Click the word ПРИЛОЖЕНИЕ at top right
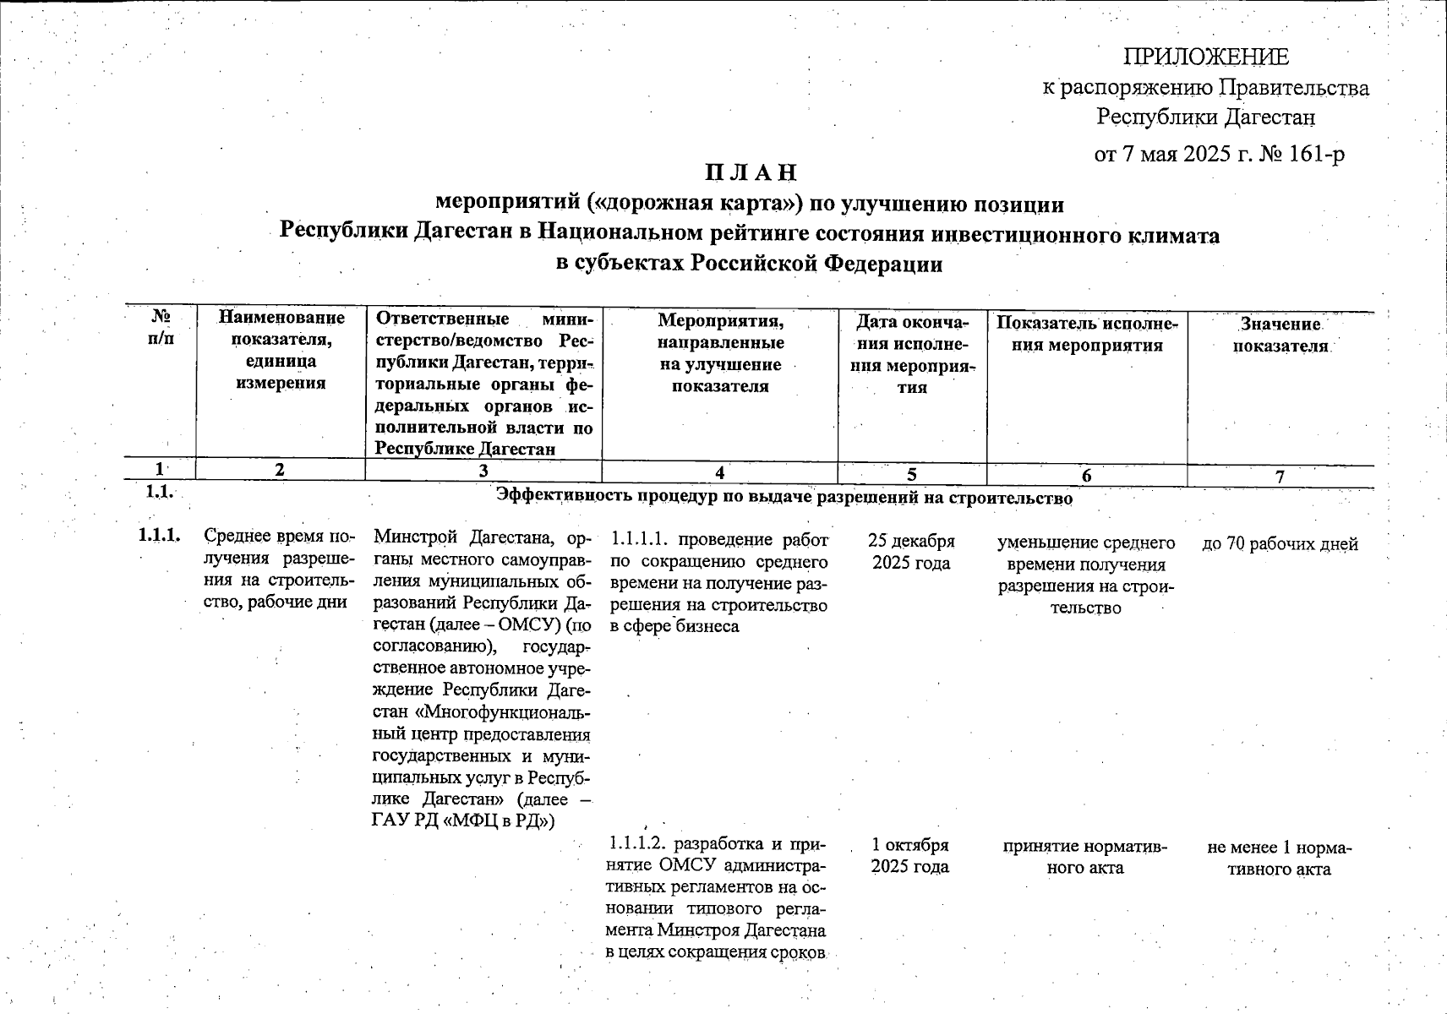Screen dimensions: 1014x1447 [x=1205, y=57]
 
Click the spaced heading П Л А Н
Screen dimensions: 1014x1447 [x=751, y=172]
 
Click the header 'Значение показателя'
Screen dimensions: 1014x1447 [x=1280, y=335]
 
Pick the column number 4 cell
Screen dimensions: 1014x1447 [x=719, y=474]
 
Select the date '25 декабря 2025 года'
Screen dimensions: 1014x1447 [x=911, y=552]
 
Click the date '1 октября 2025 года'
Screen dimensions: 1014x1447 [x=910, y=855]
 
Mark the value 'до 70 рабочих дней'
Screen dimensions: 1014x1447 [x=1280, y=544]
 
